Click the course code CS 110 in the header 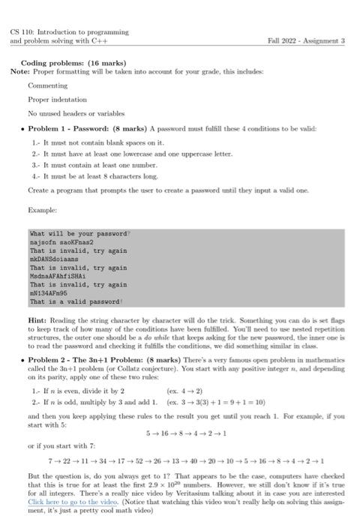pos(22,32)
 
